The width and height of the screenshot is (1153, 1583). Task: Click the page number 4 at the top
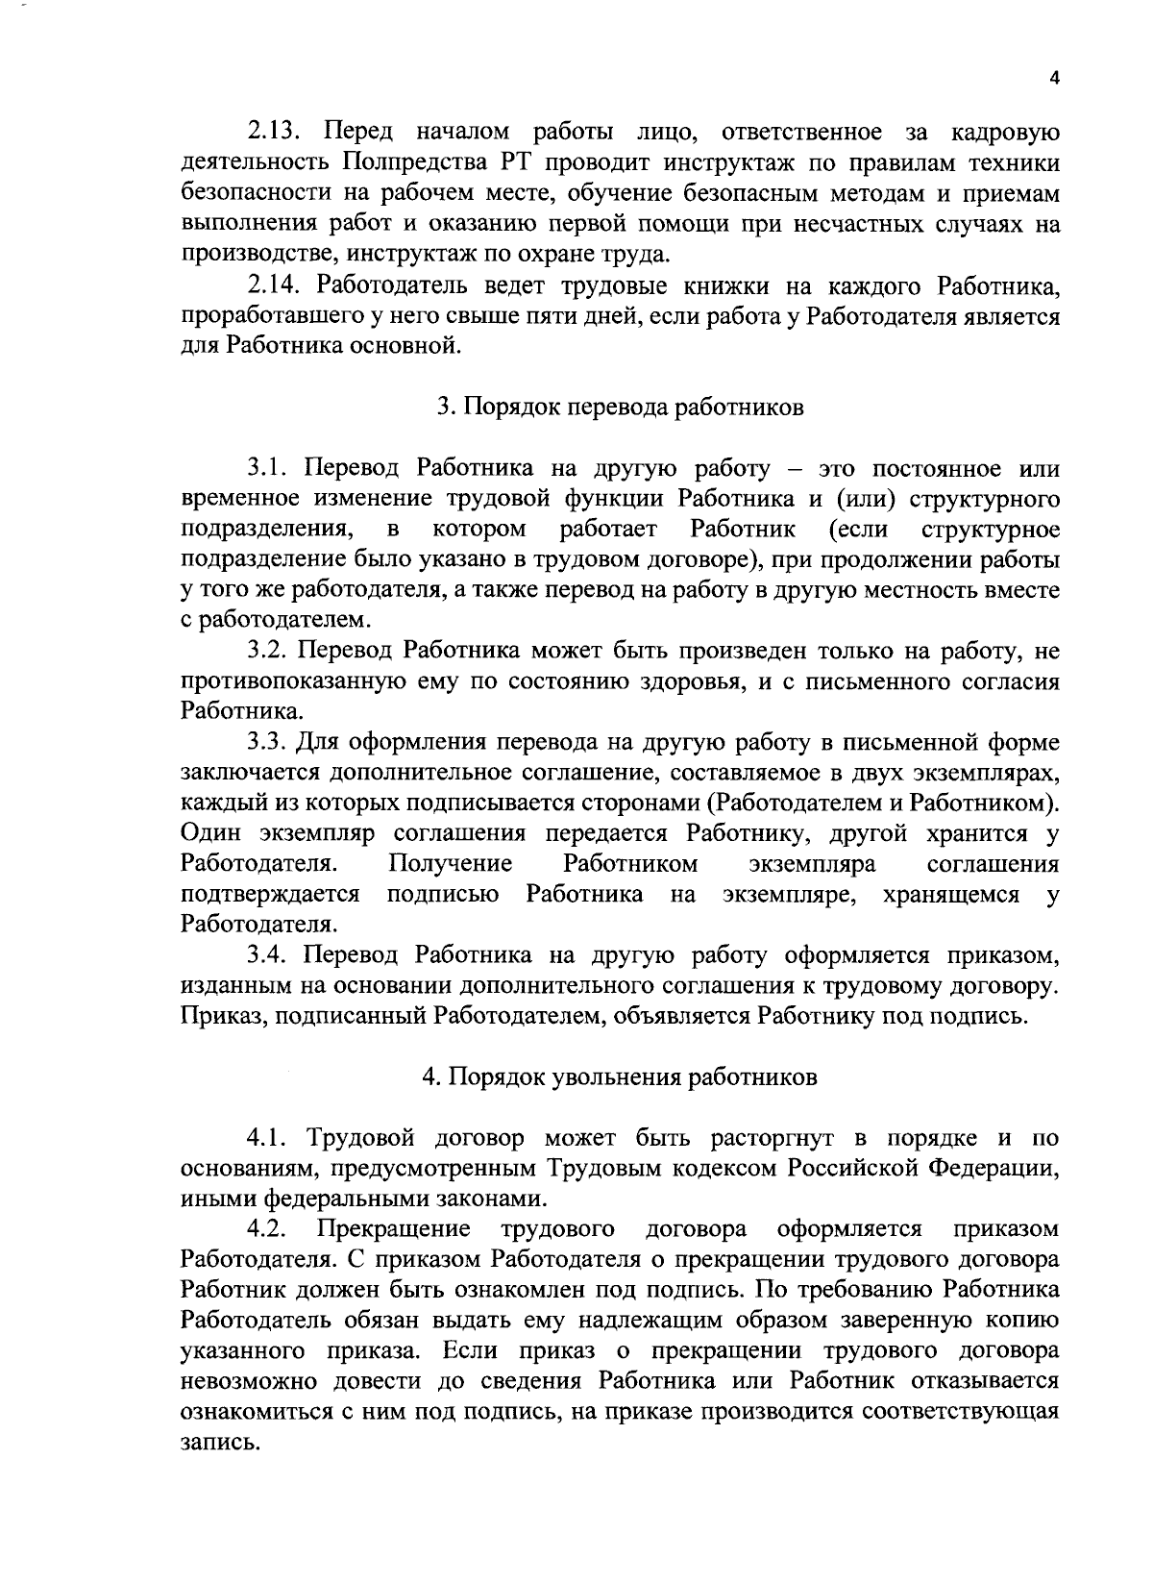[x=1054, y=80]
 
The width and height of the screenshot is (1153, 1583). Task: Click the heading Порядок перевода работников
[x=620, y=407]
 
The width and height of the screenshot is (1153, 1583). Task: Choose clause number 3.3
[x=269, y=743]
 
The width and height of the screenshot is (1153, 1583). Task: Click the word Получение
[x=449, y=864]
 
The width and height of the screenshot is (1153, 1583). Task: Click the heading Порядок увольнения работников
[x=620, y=1076]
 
